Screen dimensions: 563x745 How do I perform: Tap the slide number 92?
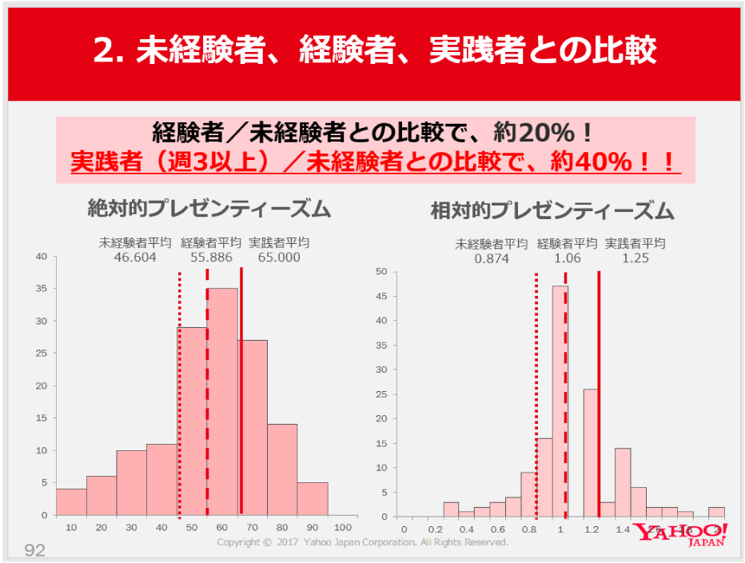(35, 549)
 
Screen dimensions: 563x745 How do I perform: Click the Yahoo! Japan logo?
(680, 534)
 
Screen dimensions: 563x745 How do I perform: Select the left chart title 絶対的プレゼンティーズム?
(209, 210)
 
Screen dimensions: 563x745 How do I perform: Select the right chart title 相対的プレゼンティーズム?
(552, 211)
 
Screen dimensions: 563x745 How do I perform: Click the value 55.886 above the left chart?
(211, 258)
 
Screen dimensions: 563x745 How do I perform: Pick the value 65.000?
(279, 258)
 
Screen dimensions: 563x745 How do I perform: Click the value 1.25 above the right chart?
(635, 258)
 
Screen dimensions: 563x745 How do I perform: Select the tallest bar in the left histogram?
(222, 400)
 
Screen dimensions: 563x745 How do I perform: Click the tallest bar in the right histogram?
(560, 400)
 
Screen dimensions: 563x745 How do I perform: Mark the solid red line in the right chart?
(599, 400)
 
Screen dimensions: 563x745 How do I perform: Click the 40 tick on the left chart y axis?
(42, 257)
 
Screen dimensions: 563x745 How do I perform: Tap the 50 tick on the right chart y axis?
(381, 272)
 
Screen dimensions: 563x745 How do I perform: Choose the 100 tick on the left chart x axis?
(343, 528)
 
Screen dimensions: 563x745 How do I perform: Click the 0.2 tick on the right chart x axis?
(435, 529)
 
